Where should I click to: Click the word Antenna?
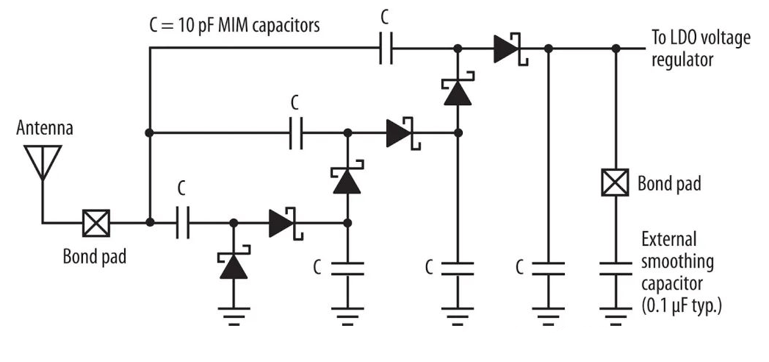[x=45, y=129]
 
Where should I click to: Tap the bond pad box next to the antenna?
[x=95, y=221]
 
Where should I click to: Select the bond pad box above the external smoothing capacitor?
[x=615, y=182]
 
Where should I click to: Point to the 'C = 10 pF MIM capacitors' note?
[x=234, y=25]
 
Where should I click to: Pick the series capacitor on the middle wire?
[x=296, y=133]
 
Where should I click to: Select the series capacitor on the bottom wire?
[x=183, y=221]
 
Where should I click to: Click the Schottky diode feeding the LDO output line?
[x=509, y=49]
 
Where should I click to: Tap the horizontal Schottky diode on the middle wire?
[x=401, y=133]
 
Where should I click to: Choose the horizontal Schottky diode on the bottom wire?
[x=284, y=221]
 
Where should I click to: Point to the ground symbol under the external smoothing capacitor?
[x=615, y=318]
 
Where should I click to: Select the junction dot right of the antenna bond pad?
[x=149, y=221]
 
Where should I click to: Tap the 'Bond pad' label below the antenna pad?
[x=94, y=257]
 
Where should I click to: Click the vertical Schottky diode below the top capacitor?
[x=457, y=91]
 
